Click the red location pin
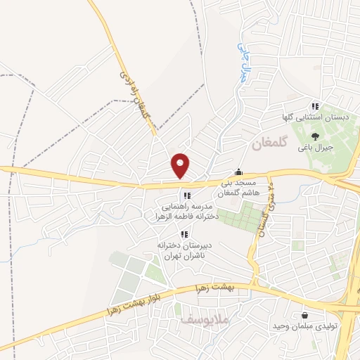click(181, 165)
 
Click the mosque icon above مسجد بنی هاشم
click(239, 172)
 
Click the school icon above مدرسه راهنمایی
click(186, 196)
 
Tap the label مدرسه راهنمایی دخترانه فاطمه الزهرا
click(191, 213)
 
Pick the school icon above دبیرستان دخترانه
click(184, 234)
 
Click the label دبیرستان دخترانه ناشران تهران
click(184, 251)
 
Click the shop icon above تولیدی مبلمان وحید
click(304, 315)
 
